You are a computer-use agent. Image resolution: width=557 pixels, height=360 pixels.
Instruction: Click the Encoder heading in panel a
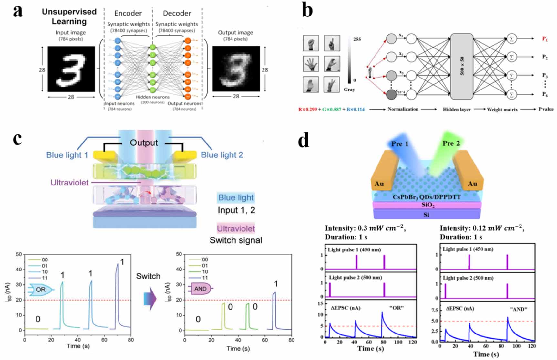point(128,13)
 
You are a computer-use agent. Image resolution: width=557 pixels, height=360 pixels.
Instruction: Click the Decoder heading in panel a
point(177,13)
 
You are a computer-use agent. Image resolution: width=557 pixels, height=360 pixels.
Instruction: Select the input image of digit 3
point(71,69)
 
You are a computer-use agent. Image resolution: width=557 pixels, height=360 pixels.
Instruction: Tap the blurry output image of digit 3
point(236,69)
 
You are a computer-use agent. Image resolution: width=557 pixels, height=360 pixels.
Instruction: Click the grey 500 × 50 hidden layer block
point(462,66)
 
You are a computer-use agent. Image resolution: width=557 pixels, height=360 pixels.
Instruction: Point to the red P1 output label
point(545,39)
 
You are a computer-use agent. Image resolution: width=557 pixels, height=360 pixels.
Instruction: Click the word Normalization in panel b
point(403,109)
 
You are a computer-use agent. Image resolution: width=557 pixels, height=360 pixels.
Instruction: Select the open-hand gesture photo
point(311,63)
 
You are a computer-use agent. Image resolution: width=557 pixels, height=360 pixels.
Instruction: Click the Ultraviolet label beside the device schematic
point(69,183)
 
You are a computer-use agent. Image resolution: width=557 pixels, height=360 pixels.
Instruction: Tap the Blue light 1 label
point(67,155)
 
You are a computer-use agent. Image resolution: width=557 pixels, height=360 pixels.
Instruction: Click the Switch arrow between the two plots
point(150,299)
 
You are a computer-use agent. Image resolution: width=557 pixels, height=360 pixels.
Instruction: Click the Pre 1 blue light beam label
point(400,144)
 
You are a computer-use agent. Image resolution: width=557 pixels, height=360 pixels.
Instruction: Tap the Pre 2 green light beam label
point(451,143)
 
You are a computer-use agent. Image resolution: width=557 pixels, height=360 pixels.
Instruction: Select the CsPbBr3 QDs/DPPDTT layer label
point(426,197)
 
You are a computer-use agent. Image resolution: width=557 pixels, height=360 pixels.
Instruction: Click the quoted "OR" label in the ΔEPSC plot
point(396,308)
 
